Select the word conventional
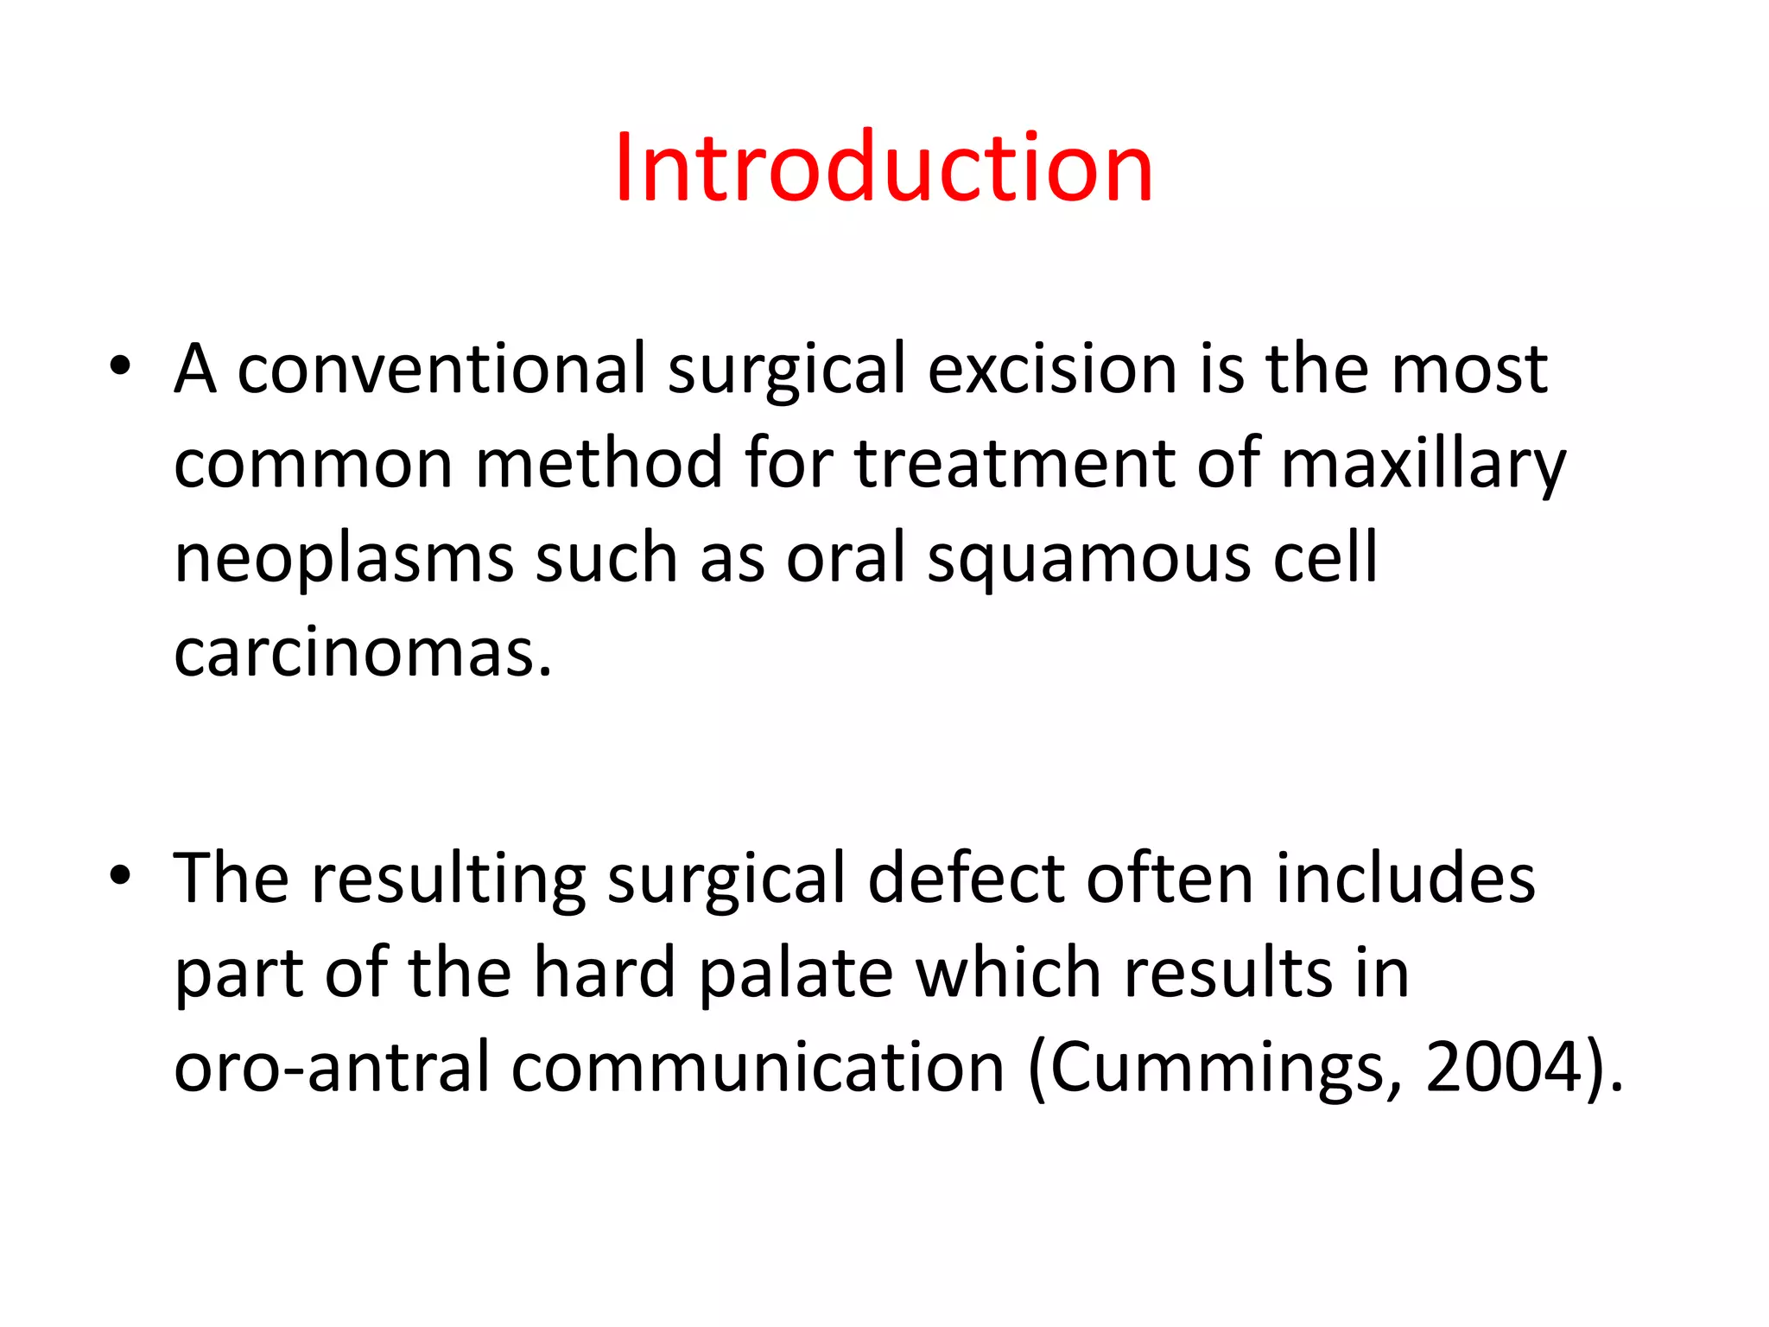441,369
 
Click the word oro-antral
332,1067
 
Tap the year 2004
1504,1067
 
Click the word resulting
448,879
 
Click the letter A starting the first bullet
195,369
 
